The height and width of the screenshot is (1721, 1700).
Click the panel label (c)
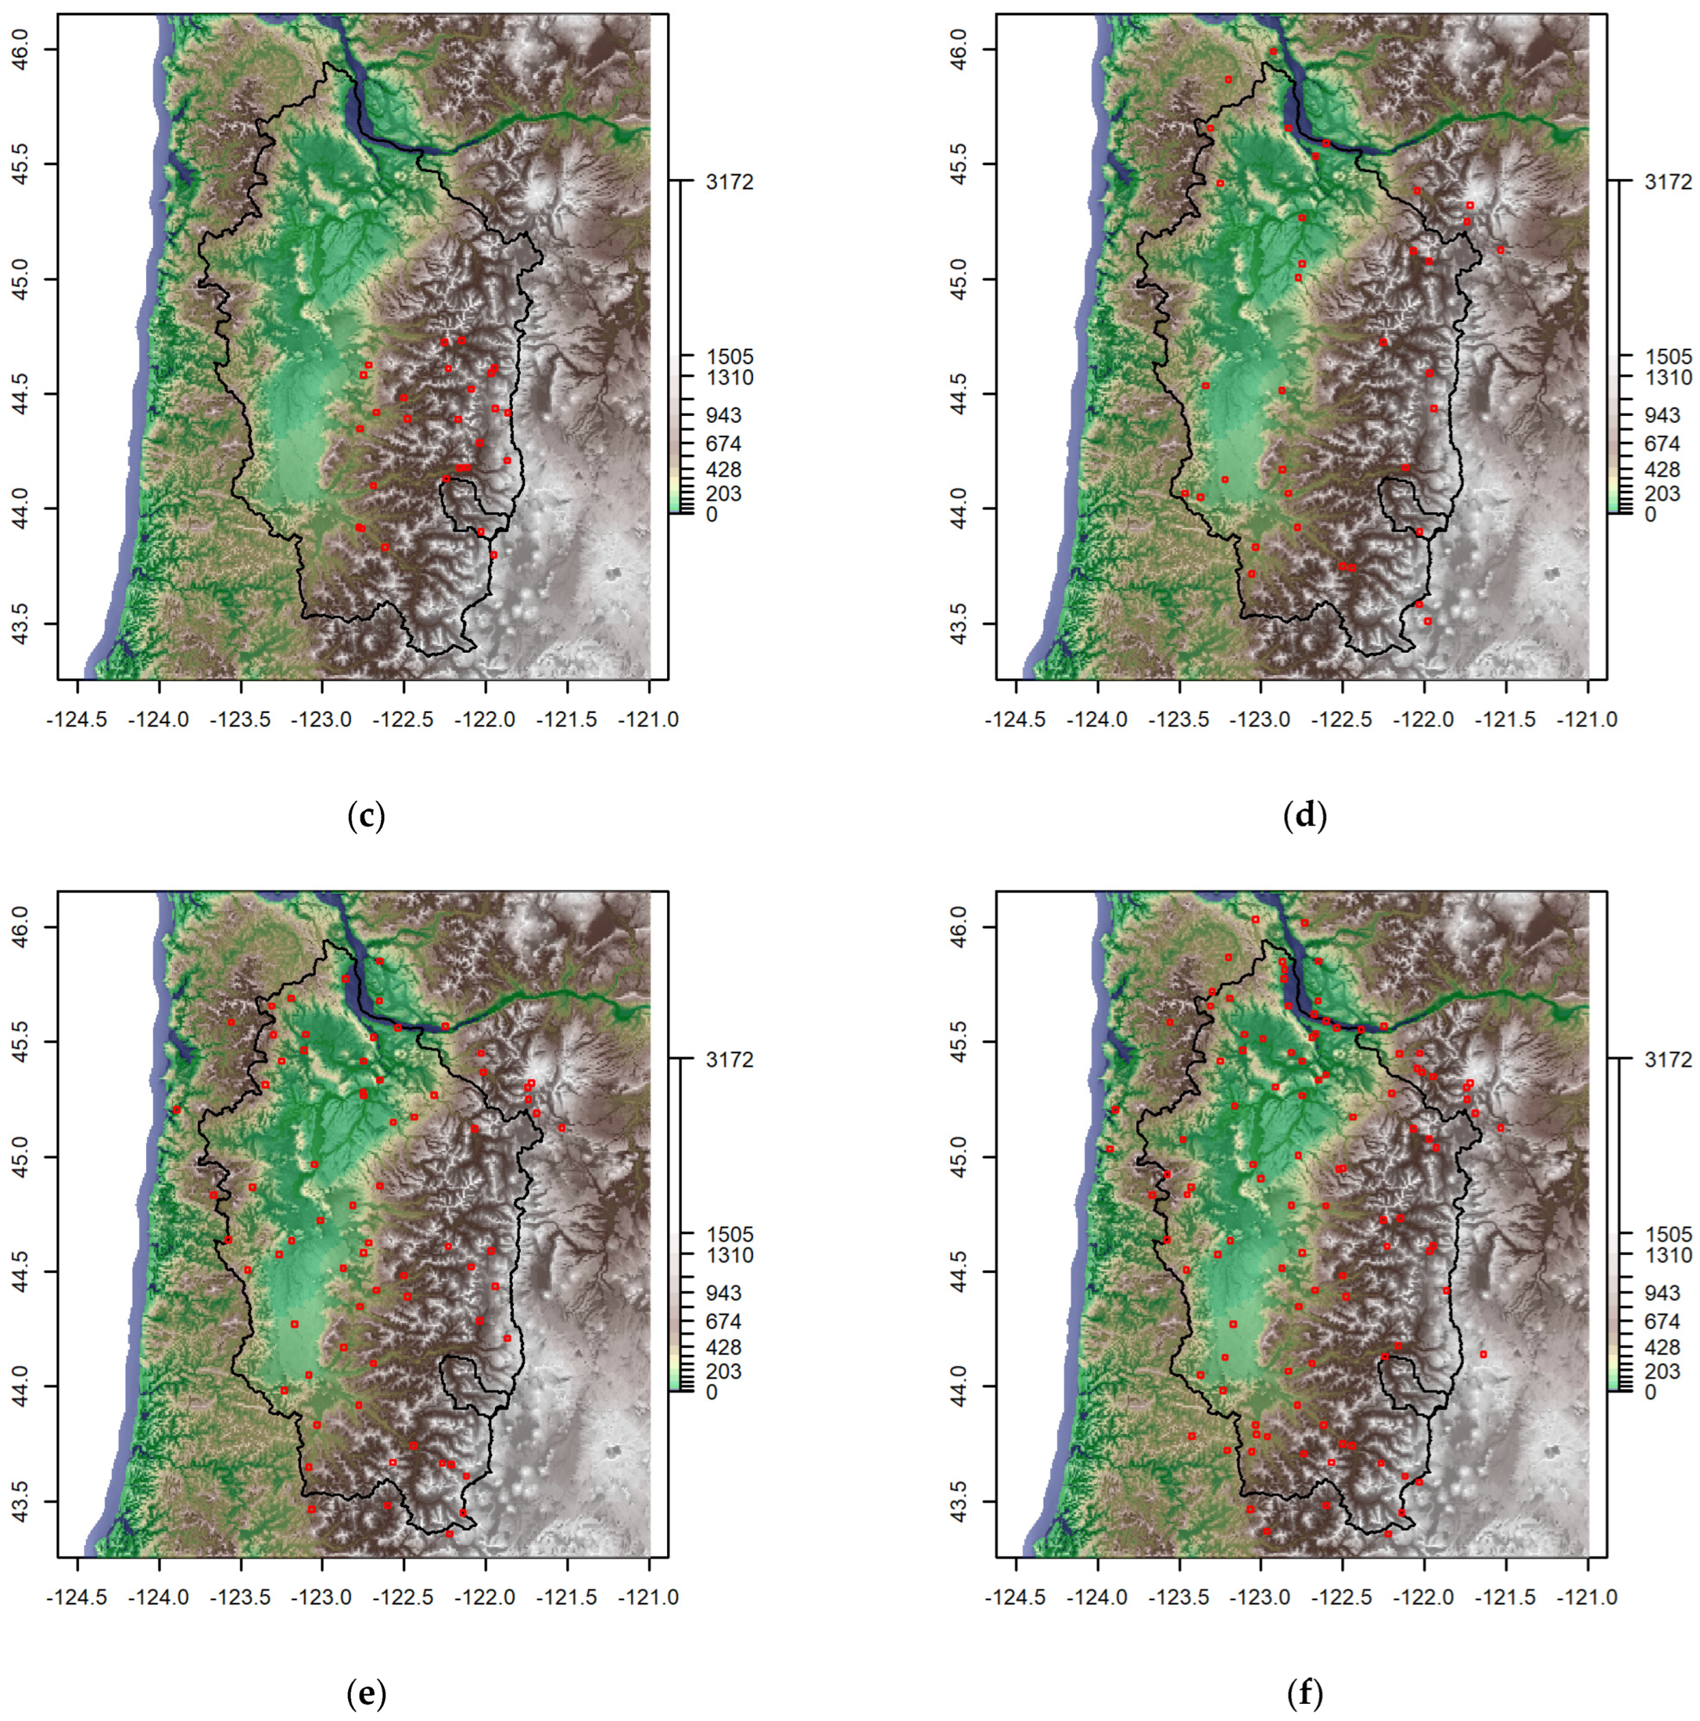pyautogui.click(x=366, y=816)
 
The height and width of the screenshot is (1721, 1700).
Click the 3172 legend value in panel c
pyautogui.click(x=728, y=182)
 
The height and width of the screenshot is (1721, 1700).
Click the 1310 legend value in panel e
pyautogui.click(x=728, y=1256)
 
